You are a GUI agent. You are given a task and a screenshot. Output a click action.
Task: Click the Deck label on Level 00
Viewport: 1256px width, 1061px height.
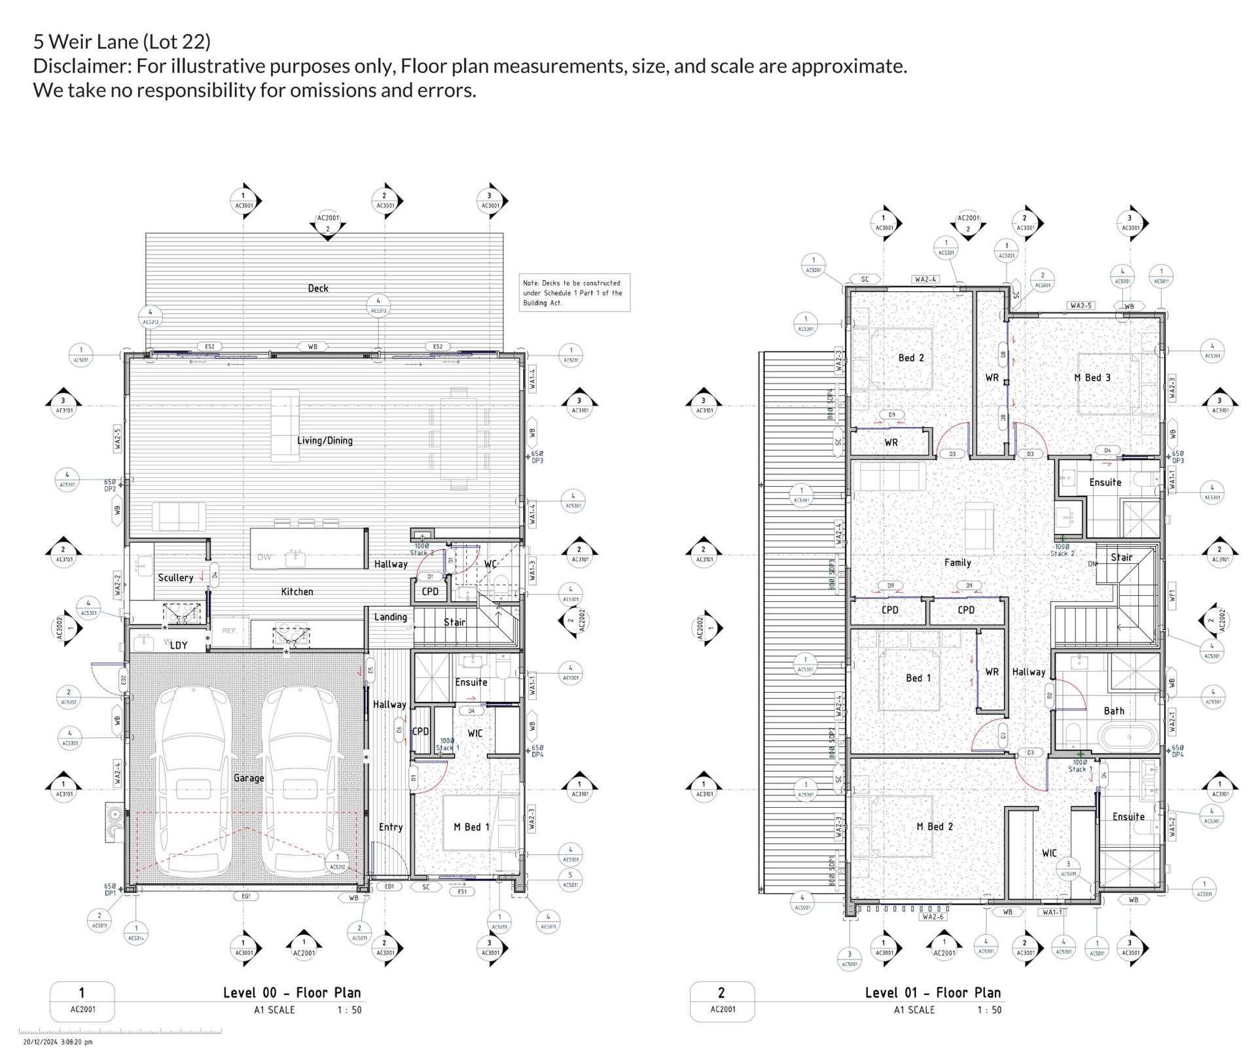click(x=318, y=288)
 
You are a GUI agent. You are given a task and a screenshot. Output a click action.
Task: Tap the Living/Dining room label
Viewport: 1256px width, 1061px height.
click(x=325, y=441)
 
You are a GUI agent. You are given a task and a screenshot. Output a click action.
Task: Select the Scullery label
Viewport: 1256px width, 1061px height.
click(x=175, y=578)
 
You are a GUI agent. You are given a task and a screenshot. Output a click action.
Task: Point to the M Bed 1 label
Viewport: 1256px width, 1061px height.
click(x=471, y=827)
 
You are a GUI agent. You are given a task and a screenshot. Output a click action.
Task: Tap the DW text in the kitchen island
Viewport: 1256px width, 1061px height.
click(x=264, y=557)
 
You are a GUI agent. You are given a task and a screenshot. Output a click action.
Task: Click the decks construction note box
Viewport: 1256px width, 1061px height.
click(x=574, y=293)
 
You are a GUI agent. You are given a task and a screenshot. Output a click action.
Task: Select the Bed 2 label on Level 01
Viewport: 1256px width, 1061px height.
click(x=911, y=358)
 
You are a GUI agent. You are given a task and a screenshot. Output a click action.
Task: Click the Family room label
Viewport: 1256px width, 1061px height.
click(x=958, y=563)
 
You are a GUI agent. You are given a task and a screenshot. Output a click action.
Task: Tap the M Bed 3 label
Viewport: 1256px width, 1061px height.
click(x=1092, y=378)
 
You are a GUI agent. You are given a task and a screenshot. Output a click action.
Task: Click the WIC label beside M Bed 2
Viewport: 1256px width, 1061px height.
click(x=1049, y=853)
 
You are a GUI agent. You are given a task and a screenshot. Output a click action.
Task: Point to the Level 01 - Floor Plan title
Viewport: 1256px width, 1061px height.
click(x=933, y=993)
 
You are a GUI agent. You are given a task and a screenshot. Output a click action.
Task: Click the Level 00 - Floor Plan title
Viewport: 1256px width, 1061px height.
click(x=292, y=993)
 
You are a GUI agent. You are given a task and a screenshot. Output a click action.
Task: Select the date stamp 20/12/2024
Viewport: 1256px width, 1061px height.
click(x=58, y=1042)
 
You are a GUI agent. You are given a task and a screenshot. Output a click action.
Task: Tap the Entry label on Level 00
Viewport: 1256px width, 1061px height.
click(x=391, y=827)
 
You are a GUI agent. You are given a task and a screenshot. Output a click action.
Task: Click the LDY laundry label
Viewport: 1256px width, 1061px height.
click(x=179, y=645)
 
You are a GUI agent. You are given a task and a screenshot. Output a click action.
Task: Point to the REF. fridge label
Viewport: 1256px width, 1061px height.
click(x=230, y=631)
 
